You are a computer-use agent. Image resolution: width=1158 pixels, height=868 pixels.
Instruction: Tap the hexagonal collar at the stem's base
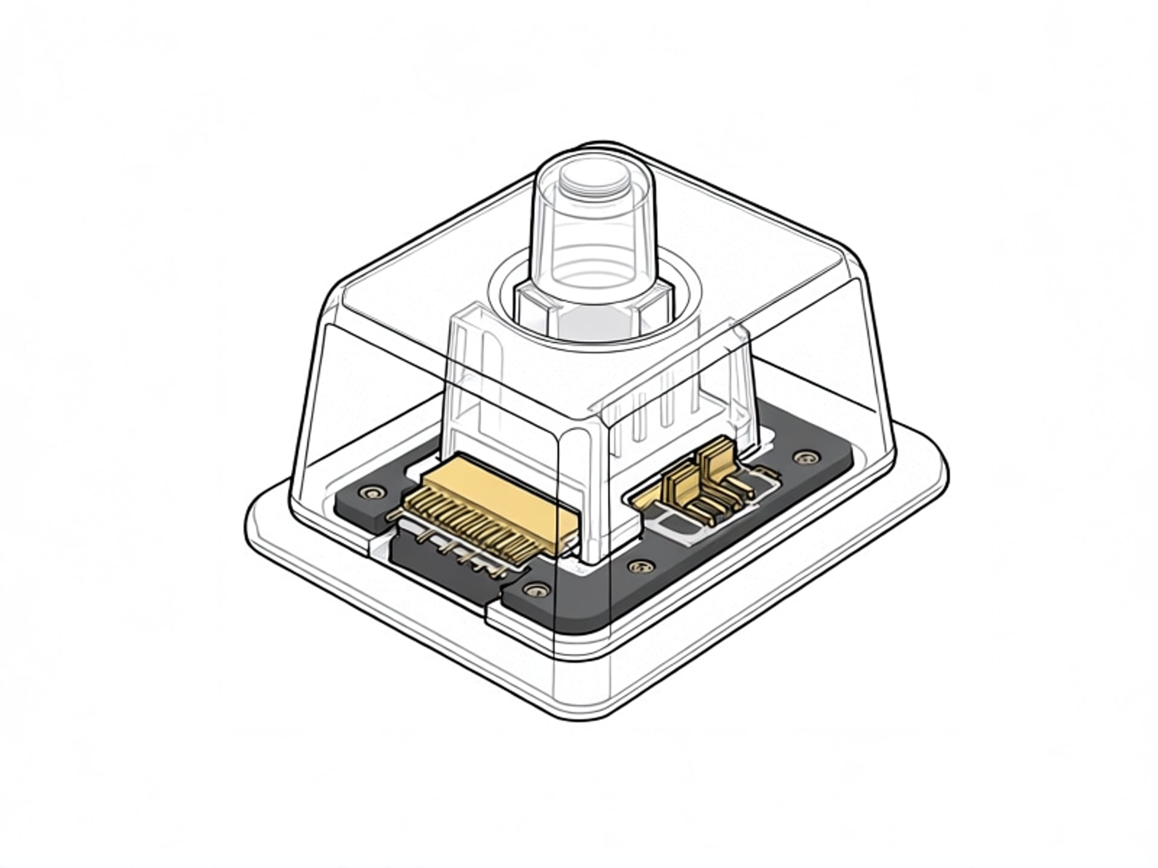point(594,307)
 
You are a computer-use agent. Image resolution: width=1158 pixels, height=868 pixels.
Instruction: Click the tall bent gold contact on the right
point(718,464)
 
